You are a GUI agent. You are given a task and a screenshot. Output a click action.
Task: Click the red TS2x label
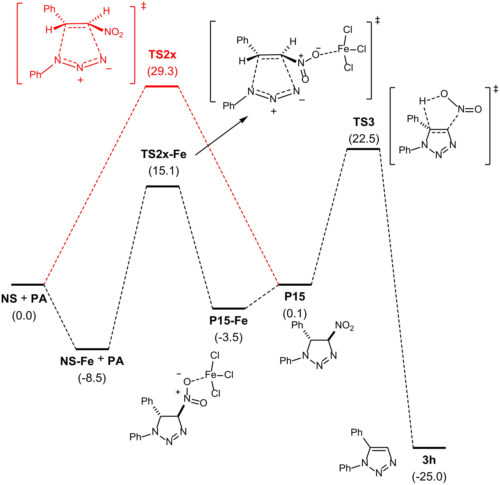(162, 55)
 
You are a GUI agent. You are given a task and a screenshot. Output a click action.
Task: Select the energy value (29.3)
(162, 71)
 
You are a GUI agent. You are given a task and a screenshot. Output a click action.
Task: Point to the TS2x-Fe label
(163, 154)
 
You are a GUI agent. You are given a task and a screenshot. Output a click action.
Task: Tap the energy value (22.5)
(364, 139)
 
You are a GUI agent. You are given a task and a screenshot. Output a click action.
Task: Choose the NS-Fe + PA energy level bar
(92, 349)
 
